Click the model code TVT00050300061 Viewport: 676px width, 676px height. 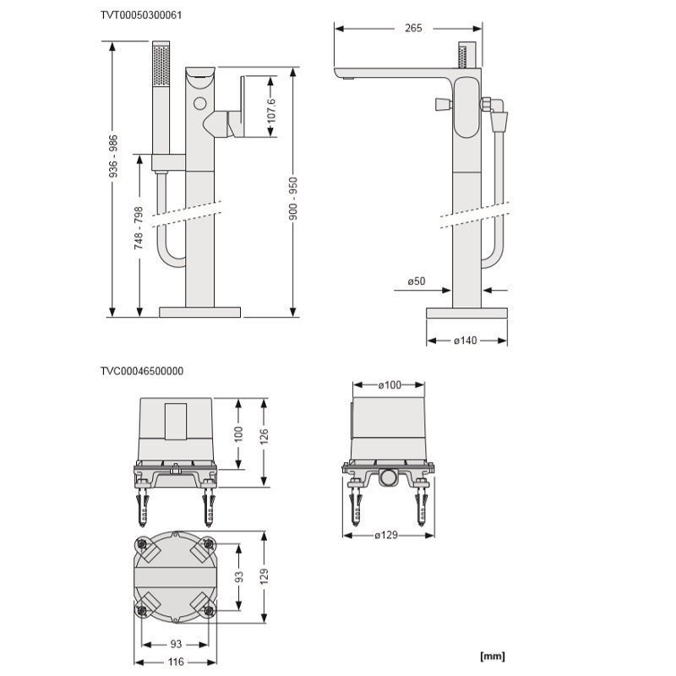point(141,15)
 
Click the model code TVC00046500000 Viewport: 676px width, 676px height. point(142,371)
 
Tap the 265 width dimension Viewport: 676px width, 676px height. point(413,28)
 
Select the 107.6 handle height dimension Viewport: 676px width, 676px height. point(271,111)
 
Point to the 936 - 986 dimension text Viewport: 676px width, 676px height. point(113,157)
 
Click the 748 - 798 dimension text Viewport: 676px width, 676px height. point(139,228)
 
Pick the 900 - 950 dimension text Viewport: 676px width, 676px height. point(293,199)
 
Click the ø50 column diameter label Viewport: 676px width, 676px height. point(417,281)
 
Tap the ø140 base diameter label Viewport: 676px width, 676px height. point(466,341)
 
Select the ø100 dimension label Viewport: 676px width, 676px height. point(390,385)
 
